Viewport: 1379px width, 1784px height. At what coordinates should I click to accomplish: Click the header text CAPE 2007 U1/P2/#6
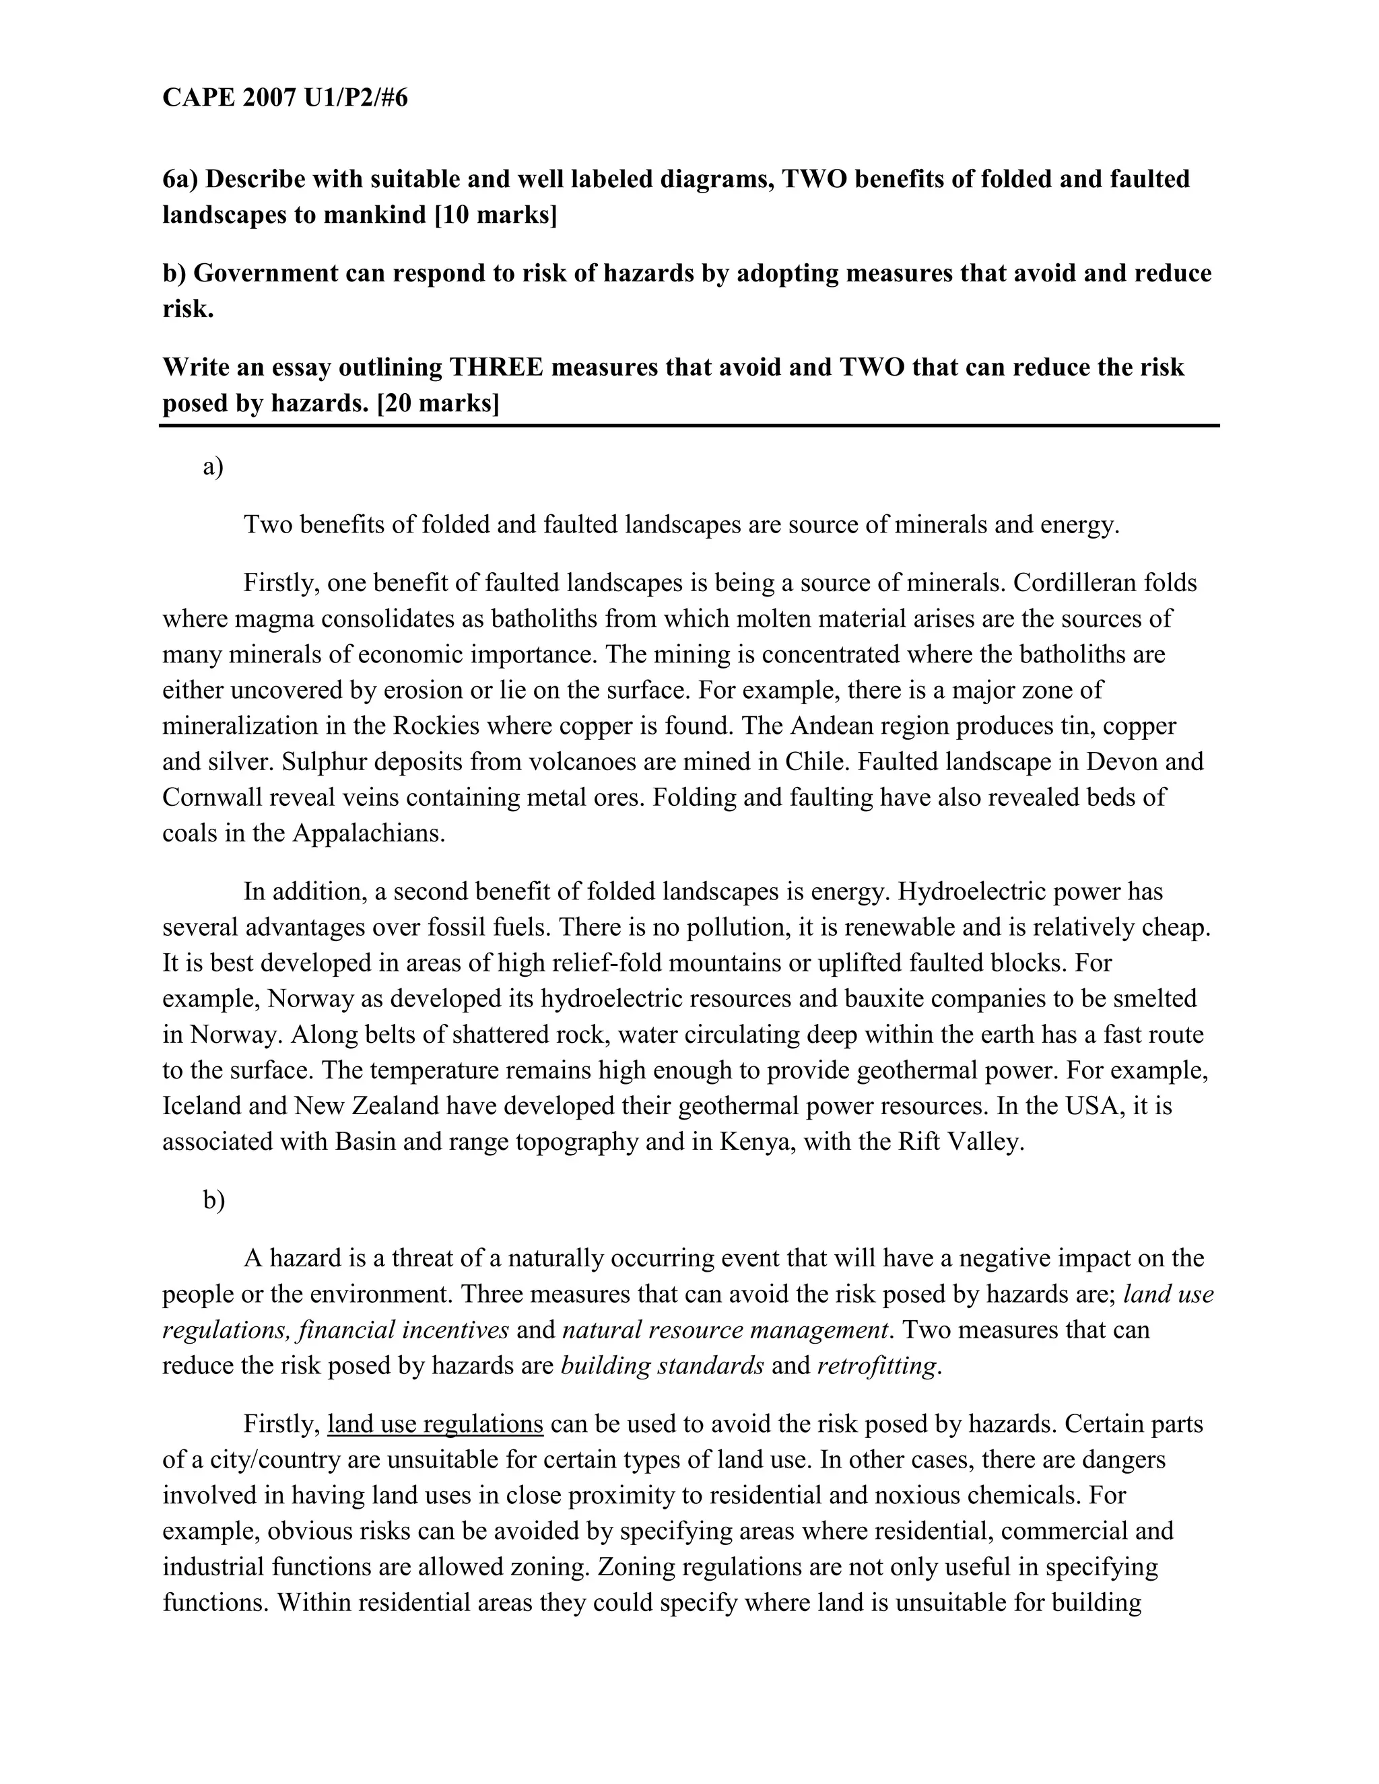point(284,98)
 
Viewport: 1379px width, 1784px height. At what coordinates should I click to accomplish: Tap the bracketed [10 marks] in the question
point(495,215)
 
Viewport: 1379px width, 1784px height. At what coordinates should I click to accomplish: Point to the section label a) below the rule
point(212,467)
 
